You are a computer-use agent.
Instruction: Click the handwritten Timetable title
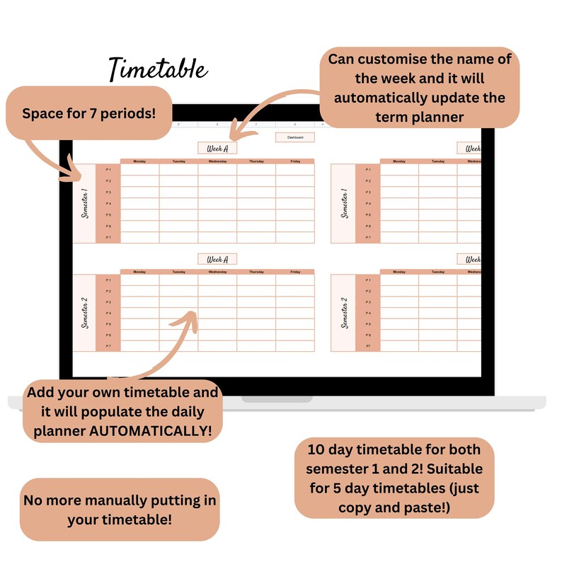158,69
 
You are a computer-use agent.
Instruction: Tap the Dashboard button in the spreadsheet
294,137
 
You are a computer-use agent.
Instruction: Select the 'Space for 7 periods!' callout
88,113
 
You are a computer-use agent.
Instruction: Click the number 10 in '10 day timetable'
316,449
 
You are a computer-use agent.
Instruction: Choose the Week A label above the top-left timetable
217,148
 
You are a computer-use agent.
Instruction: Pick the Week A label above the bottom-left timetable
217,259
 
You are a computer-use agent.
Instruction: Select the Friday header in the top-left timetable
295,161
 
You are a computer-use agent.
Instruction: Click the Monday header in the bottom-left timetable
139,272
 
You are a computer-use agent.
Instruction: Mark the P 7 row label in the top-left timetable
108,238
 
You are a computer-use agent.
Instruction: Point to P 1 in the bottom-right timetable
367,280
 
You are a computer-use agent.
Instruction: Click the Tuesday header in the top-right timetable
438,161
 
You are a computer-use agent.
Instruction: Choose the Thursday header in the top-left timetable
256,161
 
